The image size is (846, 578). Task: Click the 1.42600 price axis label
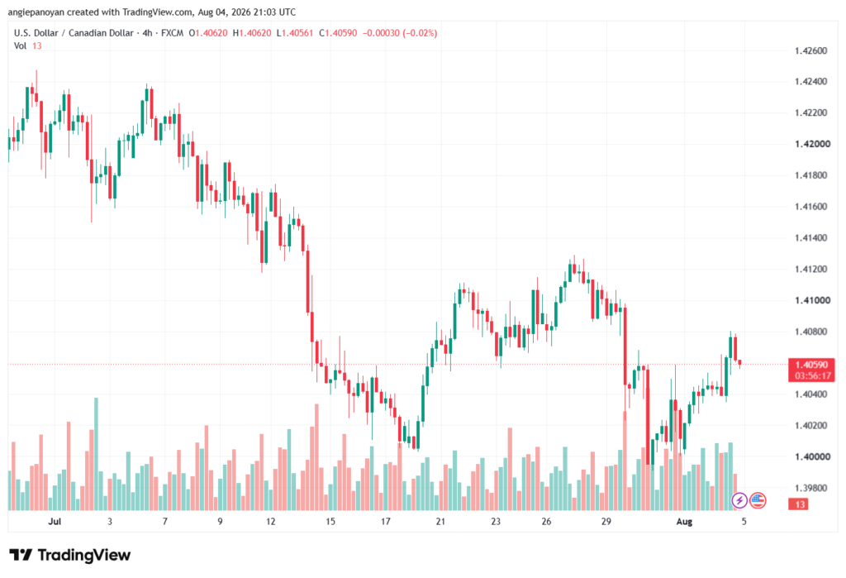click(x=811, y=50)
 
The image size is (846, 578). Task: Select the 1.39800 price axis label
click(x=811, y=489)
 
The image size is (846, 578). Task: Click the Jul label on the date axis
click(x=55, y=521)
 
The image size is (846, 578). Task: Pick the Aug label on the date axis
click(x=684, y=521)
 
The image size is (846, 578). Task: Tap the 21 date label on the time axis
click(x=441, y=521)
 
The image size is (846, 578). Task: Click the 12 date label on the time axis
click(x=270, y=521)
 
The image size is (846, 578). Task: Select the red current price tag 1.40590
click(x=811, y=365)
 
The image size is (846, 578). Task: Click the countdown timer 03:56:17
click(x=813, y=376)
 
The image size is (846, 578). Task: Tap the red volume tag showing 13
click(x=799, y=504)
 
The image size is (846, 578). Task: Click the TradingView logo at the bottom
click(x=70, y=555)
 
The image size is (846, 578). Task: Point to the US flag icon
click(x=758, y=501)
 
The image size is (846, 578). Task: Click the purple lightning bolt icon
click(x=739, y=501)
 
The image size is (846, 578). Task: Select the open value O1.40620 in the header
click(x=207, y=33)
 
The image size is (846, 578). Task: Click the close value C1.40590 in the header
click(x=338, y=33)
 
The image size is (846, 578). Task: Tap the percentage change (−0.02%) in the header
click(x=420, y=33)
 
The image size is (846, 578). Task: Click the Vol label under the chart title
click(x=20, y=46)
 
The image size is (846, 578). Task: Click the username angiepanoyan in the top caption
click(x=36, y=12)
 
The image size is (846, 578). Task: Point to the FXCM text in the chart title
click(x=172, y=33)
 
